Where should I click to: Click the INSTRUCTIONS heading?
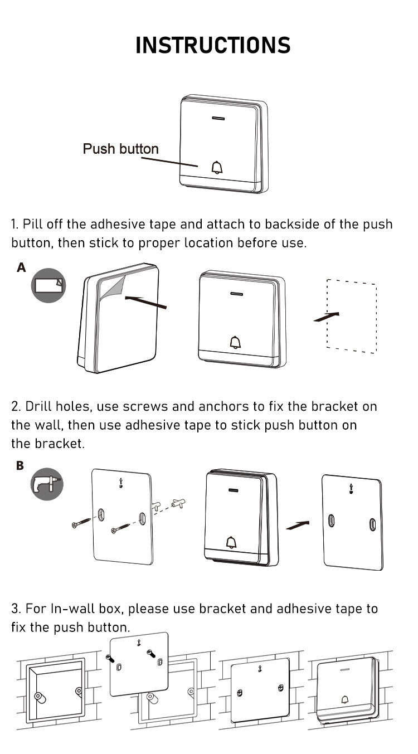(213, 45)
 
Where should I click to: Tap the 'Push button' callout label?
(120, 149)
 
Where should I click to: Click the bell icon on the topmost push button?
(217, 167)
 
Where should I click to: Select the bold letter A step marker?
(21, 268)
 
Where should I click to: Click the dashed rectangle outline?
(351, 315)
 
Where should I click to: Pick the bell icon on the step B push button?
(231, 542)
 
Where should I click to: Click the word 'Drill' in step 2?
(39, 406)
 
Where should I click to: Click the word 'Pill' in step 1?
(33, 225)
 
